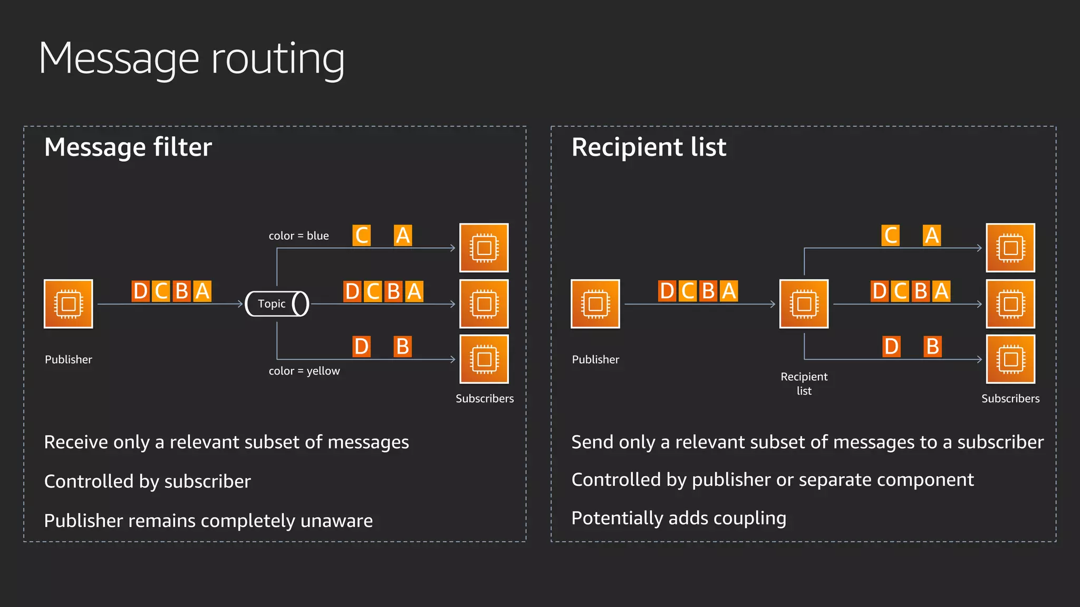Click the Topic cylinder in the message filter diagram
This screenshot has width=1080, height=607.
[x=277, y=303]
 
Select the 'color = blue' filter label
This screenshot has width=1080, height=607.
[x=298, y=236]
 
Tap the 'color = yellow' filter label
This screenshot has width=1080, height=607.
[x=304, y=371]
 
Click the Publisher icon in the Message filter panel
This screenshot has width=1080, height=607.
[x=69, y=304]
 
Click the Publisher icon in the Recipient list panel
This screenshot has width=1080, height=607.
[x=595, y=304]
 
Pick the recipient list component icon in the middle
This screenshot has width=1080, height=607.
[x=804, y=304]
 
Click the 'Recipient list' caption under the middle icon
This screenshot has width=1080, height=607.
[x=804, y=384]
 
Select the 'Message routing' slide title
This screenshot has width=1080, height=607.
[x=191, y=59]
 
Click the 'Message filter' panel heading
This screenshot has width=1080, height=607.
[x=128, y=147]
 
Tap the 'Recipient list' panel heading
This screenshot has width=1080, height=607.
[x=649, y=147]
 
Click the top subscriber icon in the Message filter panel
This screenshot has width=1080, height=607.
[x=484, y=248]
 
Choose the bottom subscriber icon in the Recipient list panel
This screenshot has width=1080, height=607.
[x=1010, y=359]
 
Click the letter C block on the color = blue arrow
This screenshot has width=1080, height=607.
[x=362, y=236]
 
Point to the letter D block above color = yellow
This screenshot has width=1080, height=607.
[x=361, y=347]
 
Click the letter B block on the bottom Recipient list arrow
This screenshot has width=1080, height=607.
[x=932, y=347]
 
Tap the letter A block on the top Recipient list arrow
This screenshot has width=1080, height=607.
[x=932, y=236]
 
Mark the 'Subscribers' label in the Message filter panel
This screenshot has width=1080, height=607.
[x=485, y=398]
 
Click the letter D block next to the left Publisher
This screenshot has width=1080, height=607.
[x=140, y=291]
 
